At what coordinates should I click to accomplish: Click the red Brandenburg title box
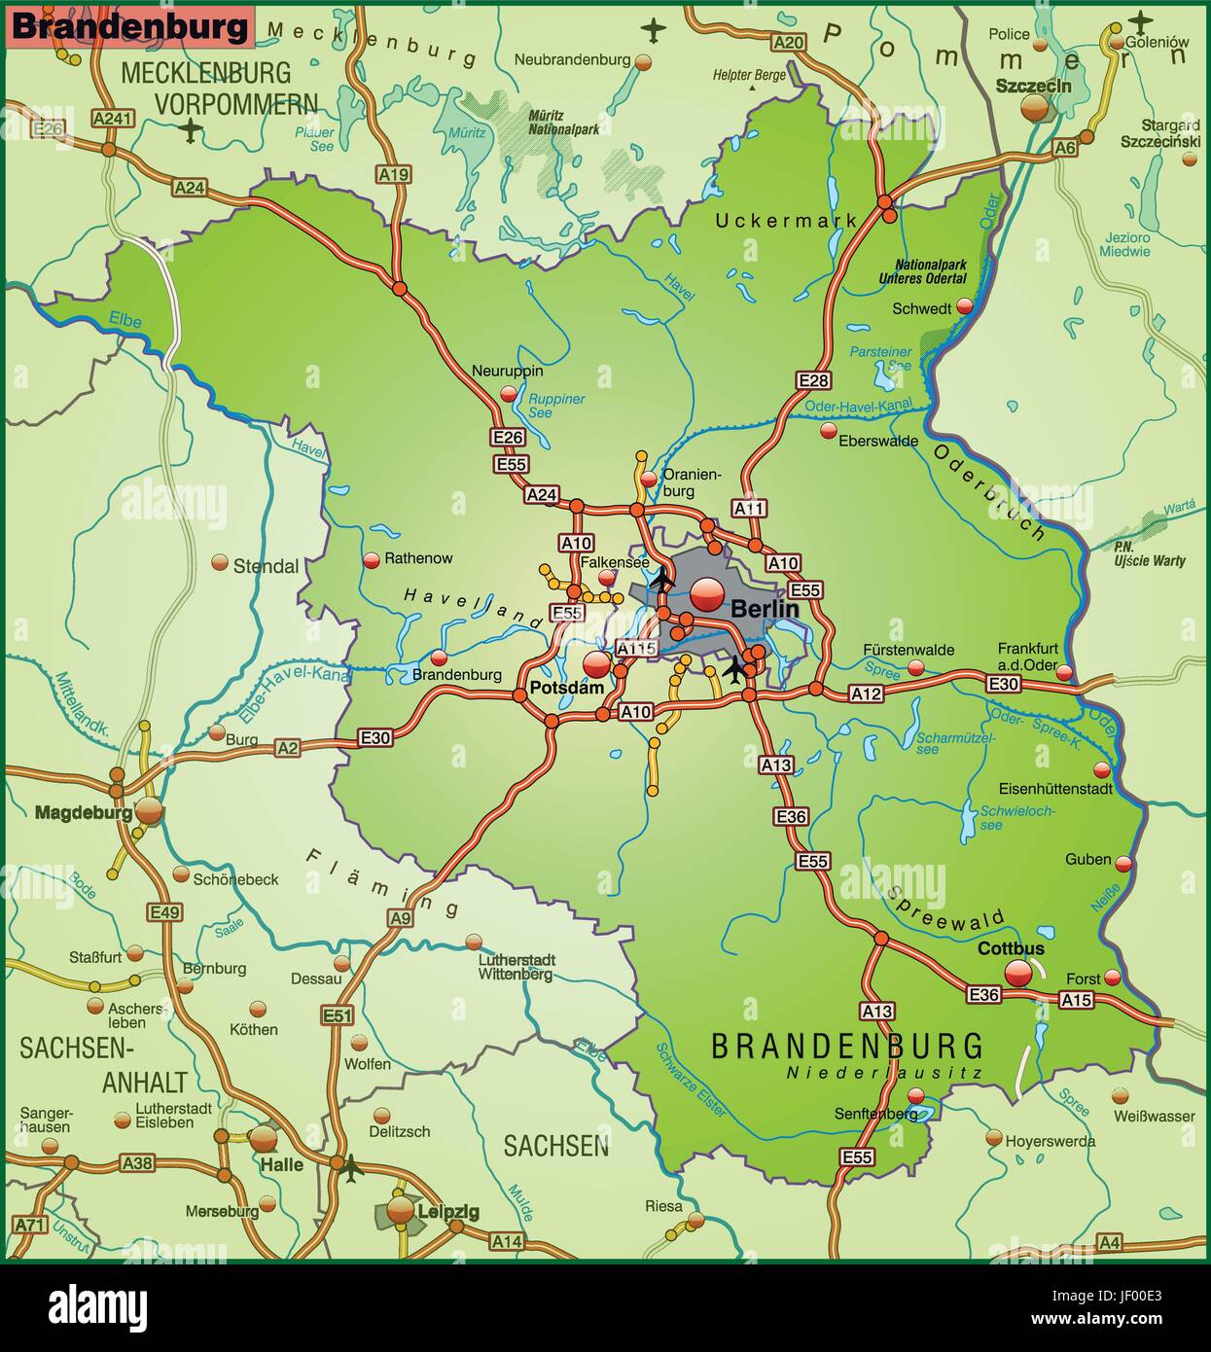pos(130,27)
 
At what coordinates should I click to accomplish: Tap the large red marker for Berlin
pos(707,589)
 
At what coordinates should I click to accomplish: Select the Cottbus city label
pos(1011,948)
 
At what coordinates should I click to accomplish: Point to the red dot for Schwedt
pos(964,306)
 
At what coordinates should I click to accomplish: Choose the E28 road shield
pos(812,380)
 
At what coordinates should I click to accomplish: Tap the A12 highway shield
pos(866,694)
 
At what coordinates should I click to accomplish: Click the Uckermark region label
pos(786,221)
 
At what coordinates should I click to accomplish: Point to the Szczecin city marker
pos(1036,107)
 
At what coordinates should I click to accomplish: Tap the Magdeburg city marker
pos(149,810)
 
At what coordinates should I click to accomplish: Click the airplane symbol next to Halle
pos(349,1165)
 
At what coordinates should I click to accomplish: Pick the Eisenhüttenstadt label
pos(1055,789)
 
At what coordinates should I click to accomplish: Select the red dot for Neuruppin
pos(508,393)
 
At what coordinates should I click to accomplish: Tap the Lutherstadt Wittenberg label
pos(516,966)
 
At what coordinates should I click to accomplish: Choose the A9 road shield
pos(400,916)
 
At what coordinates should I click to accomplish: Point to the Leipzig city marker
pos(401,1209)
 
